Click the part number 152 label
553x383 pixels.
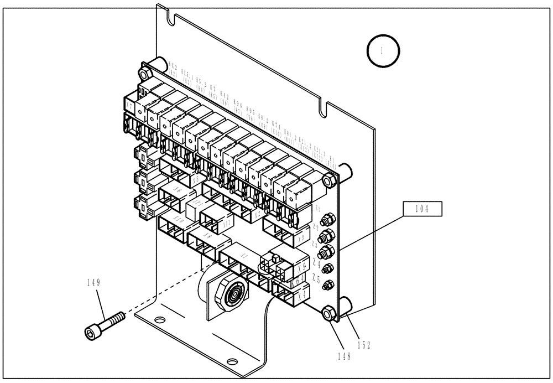[363, 344]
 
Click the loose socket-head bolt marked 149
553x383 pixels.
[105, 324]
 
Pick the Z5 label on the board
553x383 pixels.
[316, 278]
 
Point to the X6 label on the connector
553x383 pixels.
[178, 190]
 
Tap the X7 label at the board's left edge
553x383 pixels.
[129, 105]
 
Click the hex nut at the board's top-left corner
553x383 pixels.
[144, 74]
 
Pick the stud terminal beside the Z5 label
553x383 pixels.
[327, 285]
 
